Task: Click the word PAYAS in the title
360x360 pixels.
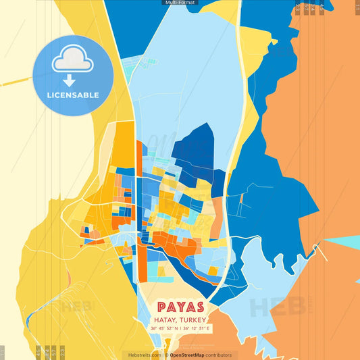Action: coord(180,307)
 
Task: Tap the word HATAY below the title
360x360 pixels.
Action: coord(164,319)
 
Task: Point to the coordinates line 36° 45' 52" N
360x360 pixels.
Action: coord(165,328)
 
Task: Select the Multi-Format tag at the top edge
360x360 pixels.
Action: coord(180,3)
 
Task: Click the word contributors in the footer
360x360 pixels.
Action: coord(219,355)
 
